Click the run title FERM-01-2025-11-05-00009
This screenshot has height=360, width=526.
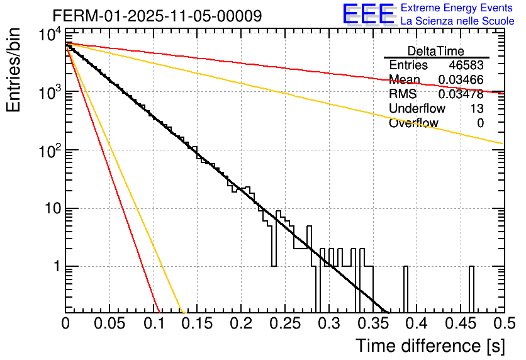pyautogui.click(x=157, y=15)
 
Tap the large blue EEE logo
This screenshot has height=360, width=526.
pyautogui.click(x=368, y=14)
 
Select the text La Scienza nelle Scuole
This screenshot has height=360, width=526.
pyautogui.click(x=457, y=21)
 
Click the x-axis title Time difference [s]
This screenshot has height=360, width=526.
pyautogui.click(x=430, y=346)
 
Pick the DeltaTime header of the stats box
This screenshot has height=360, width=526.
pyautogui.click(x=435, y=51)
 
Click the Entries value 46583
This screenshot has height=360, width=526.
pyautogui.click(x=466, y=65)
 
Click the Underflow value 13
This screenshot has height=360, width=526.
pyautogui.click(x=477, y=109)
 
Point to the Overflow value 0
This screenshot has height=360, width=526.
pyautogui.click(x=480, y=123)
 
